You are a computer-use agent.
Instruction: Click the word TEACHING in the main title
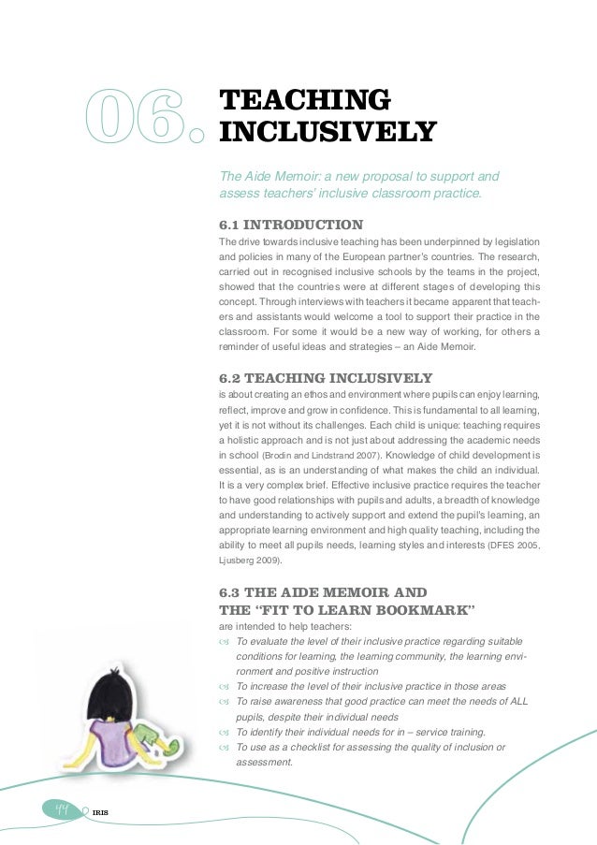(302, 100)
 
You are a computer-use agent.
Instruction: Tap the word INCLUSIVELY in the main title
(327, 132)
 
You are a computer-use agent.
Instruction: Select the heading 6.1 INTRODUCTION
(290, 226)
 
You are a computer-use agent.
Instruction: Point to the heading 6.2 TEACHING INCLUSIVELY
(325, 378)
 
